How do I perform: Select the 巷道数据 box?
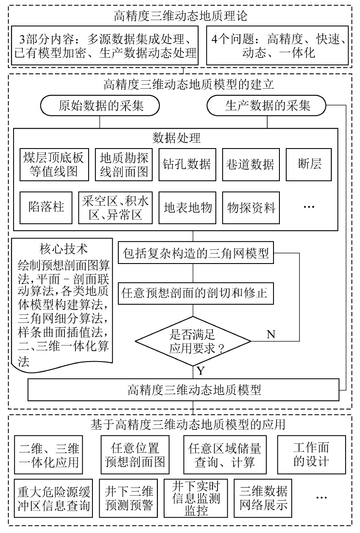coord(250,164)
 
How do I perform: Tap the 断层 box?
coord(309,164)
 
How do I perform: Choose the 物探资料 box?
coord(251,208)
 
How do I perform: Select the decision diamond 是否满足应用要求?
coord(193,341)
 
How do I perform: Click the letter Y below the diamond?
coord(201,371)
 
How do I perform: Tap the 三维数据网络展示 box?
coord(263,498)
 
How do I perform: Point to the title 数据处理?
coord(176,138)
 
